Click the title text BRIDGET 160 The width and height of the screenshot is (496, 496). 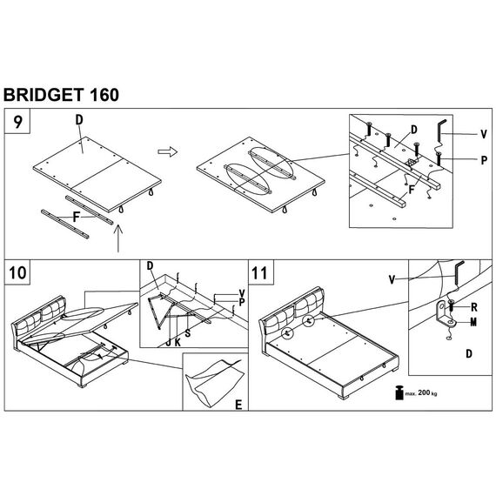tap(61, 95)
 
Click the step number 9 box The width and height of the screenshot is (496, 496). tap(17, 121)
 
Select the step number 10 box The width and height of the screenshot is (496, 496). tap(17, 272)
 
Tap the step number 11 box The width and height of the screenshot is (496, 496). tap(261, 272)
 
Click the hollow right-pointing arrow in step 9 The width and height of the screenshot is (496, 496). tap(168, 151)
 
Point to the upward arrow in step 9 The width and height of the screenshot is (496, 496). tap(118, 238)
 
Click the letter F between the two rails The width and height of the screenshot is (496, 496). tap(76, 217)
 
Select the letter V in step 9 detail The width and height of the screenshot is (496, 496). tap(483, 134)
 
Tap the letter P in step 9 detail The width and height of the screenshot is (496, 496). tap(484, 160)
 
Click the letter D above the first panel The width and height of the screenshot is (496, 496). tap(79, 120)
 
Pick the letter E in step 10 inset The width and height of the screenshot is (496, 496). tap(238, 405)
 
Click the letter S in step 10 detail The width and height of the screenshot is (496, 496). tap(188, 332)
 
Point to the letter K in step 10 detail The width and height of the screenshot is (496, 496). tap(178, 342)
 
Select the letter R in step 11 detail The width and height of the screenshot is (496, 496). tap(474, 307)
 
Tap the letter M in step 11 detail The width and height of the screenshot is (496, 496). tap(473, 322)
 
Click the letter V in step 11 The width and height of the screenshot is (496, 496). tap(392, 279)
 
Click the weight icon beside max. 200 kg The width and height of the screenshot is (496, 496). tap(399, 392)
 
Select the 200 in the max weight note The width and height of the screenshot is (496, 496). tap(424, 392)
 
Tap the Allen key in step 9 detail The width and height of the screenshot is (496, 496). tap(440, 131)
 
